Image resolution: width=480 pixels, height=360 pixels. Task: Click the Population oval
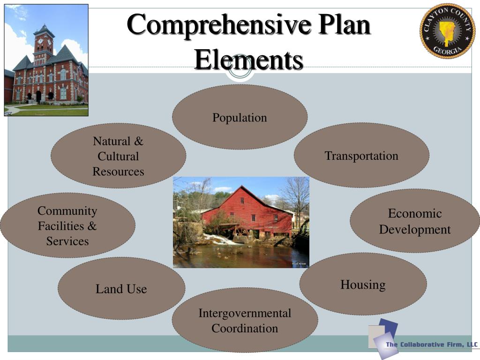click(240, 117)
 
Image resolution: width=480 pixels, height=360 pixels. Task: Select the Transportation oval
click(361, 156)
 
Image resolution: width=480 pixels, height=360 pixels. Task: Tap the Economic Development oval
click(414, 221)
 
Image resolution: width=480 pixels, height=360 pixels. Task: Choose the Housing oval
click(363, 285)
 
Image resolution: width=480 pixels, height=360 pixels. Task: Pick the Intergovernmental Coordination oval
click(244, 321)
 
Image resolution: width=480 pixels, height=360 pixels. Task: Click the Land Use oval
click(121, 289)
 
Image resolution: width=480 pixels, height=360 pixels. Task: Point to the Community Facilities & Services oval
click(67, 226)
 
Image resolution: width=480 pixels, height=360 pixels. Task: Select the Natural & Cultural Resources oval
click(118, 156)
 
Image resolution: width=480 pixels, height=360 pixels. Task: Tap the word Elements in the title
click(248, 60)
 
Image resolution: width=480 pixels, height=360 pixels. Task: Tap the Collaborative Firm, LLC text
click(431, 345)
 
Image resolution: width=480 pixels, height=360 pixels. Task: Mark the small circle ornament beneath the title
click(240, 70)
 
